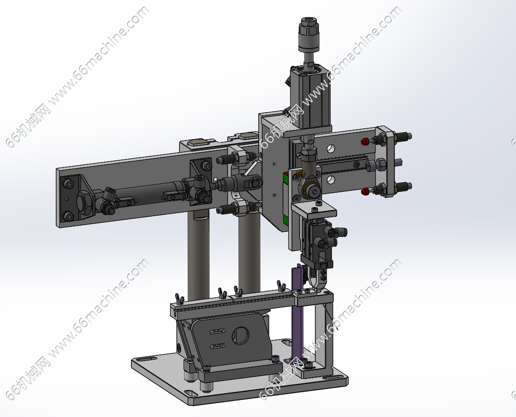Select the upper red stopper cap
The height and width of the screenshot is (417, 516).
[x=364, y=142]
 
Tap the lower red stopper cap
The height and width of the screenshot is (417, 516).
[x=364, y=191]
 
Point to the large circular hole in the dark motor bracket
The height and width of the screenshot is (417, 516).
[x=240, y=335]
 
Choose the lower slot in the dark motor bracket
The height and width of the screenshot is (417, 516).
[x=217, y=345]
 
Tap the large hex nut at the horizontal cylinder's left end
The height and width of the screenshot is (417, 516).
[x=85, y=201]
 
